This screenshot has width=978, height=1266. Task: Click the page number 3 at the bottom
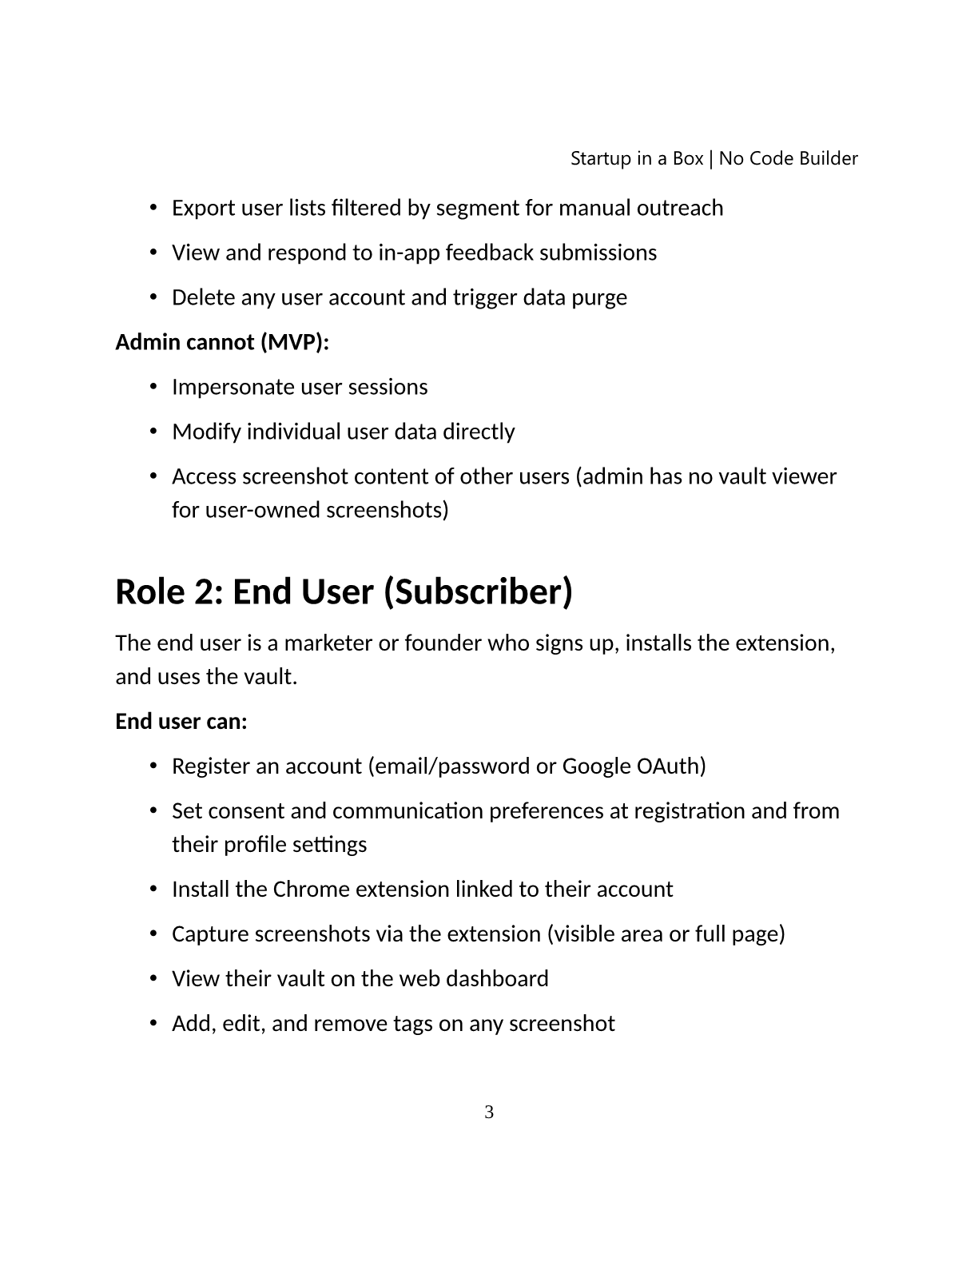[x=489, y=1112]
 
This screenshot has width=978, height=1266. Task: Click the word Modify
[x=206, y=432]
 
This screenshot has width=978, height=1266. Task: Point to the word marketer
[x=328, y=643]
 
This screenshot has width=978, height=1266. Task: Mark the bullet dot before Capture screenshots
[x=153, y=934]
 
